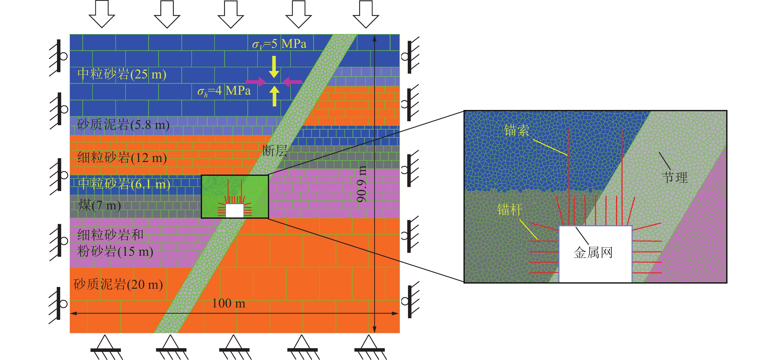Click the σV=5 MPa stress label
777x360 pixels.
(279, 44)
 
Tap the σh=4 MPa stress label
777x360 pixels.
(224, 91)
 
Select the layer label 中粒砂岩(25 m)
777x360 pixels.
(122, 74)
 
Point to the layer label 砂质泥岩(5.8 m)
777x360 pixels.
(123, 125)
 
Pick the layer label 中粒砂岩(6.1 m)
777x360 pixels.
(124, 184)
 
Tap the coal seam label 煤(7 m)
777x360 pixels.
(100, 206)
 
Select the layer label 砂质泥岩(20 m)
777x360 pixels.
(118, 284)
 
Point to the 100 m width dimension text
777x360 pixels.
(229, 303)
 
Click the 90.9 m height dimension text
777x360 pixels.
(362, 184)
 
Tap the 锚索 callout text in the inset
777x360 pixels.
(516, 130)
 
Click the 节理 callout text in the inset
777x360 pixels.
(674, 177)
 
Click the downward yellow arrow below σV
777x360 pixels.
(274, 67)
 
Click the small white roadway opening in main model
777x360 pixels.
(235, 211)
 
